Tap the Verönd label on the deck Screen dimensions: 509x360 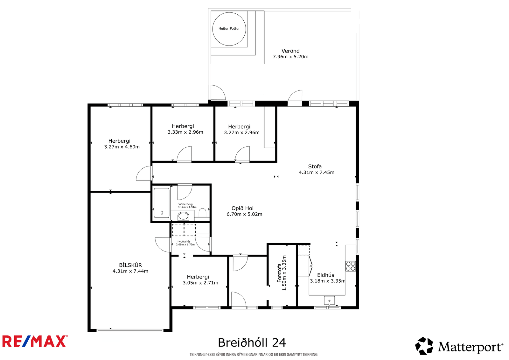point(290,51)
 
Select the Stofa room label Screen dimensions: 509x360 point(315,166)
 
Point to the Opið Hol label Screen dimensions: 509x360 point(242,208)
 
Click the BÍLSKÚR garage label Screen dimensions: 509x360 point(130,265)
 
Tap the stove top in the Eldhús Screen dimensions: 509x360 point(351,266)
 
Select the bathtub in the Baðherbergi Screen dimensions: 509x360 point(162,203)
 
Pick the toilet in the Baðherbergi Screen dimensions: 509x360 point(202,213)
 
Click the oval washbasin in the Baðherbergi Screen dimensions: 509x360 point(183,216)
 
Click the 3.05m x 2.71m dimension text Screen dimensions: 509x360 point(200,283)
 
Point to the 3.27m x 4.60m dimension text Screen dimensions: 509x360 point(122,147)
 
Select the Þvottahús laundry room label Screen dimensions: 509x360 point(184,242)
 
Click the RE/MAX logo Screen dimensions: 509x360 point(35,341)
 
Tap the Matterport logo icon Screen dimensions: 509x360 point(424,346)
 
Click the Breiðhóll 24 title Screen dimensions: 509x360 point(252,343)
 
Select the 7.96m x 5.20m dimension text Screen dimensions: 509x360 point(290,57)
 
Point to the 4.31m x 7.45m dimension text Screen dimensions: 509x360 point(316,173)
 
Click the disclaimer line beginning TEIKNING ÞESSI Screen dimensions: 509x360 point(254,355)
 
